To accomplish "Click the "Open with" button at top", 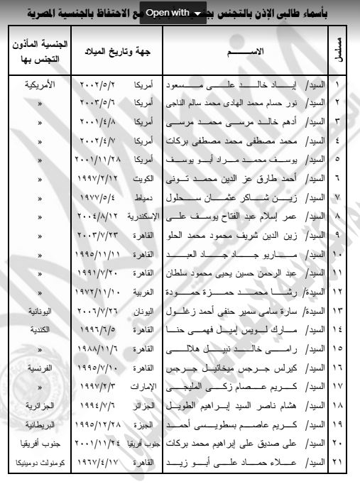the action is coord(173,12).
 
